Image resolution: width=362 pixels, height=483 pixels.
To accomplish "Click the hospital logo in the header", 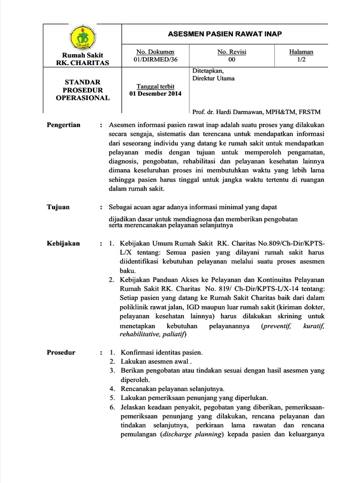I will coord(82,37).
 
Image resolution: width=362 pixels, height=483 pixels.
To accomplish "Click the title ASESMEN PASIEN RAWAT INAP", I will coord(224,34).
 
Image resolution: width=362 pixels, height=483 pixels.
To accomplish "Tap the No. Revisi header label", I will coord(231,52).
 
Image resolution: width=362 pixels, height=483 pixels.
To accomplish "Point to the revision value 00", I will coord(231,59).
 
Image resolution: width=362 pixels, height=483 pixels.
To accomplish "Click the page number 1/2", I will coord(301,59).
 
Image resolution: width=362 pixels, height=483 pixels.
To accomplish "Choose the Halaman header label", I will coord(301,52).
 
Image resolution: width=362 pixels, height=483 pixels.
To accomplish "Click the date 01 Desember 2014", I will coord(155,93).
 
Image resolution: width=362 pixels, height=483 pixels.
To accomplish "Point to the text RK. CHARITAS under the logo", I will coord(82,63).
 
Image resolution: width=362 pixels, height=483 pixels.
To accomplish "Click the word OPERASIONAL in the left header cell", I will coord(82,98).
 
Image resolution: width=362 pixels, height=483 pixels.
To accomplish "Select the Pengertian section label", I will coord(64,125).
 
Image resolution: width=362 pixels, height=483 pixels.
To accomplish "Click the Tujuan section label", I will coord(58,207).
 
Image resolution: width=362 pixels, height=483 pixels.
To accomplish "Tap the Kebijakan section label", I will coord(63,243).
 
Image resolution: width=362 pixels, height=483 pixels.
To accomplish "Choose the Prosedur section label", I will coord(61,352).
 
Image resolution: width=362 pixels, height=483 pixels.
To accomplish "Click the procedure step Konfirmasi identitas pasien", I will coord(162,353).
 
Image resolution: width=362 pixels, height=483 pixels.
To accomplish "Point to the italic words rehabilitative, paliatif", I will coord(146,334).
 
